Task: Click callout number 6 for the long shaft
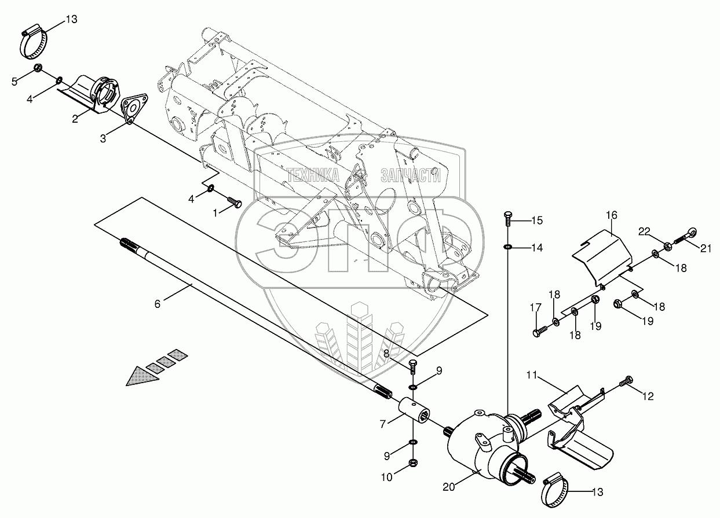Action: [x=157, y=304]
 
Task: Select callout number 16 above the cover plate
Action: [x=612, y=215]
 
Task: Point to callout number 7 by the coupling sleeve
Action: [x=382, y=424]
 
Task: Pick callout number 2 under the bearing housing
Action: [x=75, y=119]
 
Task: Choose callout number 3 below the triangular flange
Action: [x=103, y=139]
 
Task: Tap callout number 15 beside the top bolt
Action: [x=537, y=221]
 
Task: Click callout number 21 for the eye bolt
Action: [x=706, y=248]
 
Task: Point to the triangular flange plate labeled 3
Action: [x=134, y=109]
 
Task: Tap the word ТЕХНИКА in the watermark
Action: [x=313, y=175]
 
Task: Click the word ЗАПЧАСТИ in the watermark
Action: [x=411, y=175]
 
